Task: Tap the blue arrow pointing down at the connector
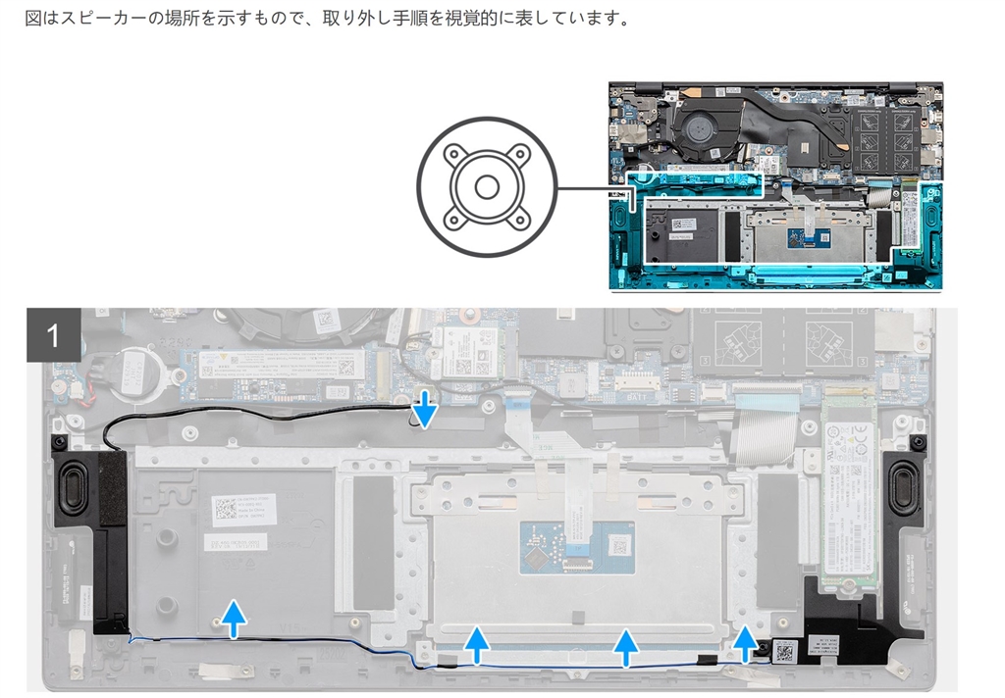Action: point(424,411)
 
